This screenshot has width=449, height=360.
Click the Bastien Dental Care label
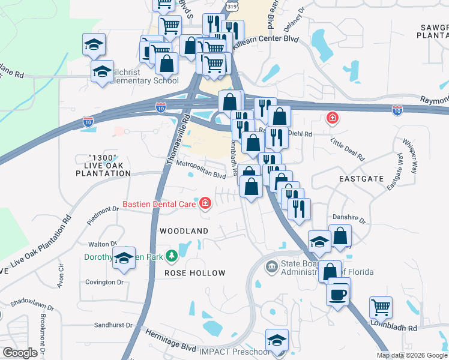click(159, 204)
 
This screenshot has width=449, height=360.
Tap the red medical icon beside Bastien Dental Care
click(205, 204)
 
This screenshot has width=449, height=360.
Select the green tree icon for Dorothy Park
click(172, 257)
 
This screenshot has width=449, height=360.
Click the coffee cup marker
click(339, 294)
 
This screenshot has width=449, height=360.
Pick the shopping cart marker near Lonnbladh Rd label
click(381, 308)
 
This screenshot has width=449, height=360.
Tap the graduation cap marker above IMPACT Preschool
click(277, 340)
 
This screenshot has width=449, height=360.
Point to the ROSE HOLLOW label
click(195, 273)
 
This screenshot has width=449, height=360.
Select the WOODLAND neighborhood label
click(184, 231)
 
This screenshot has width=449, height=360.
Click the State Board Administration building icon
click(271, 265)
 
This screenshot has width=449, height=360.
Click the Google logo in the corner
click(20, 353)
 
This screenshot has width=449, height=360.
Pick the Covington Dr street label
click(104, 282)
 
